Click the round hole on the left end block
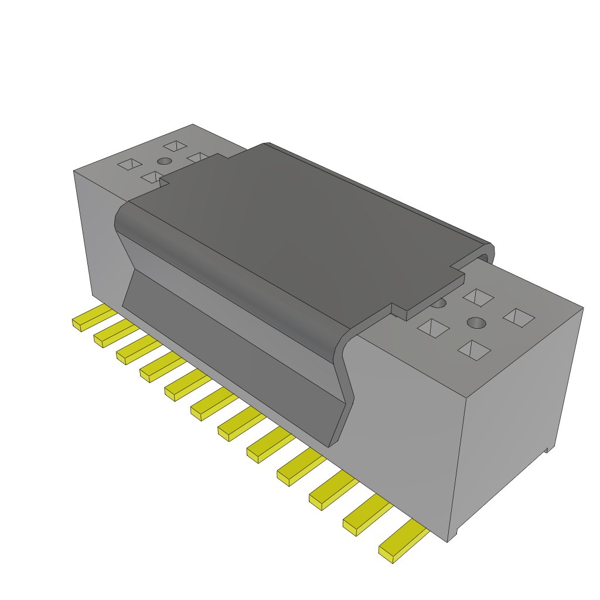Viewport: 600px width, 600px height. [165, 161]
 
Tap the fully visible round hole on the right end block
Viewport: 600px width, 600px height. [476, 323]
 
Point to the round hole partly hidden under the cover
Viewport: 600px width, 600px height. [438, 303]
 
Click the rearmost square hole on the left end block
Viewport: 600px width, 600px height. [175, 145]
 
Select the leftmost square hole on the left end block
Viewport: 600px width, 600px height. [130, 165]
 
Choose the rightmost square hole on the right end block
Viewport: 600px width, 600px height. [519, 318]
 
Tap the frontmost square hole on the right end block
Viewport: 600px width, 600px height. [474, 350]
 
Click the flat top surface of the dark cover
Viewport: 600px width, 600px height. [305, 223]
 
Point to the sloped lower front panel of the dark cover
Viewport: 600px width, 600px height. [234, 352]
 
